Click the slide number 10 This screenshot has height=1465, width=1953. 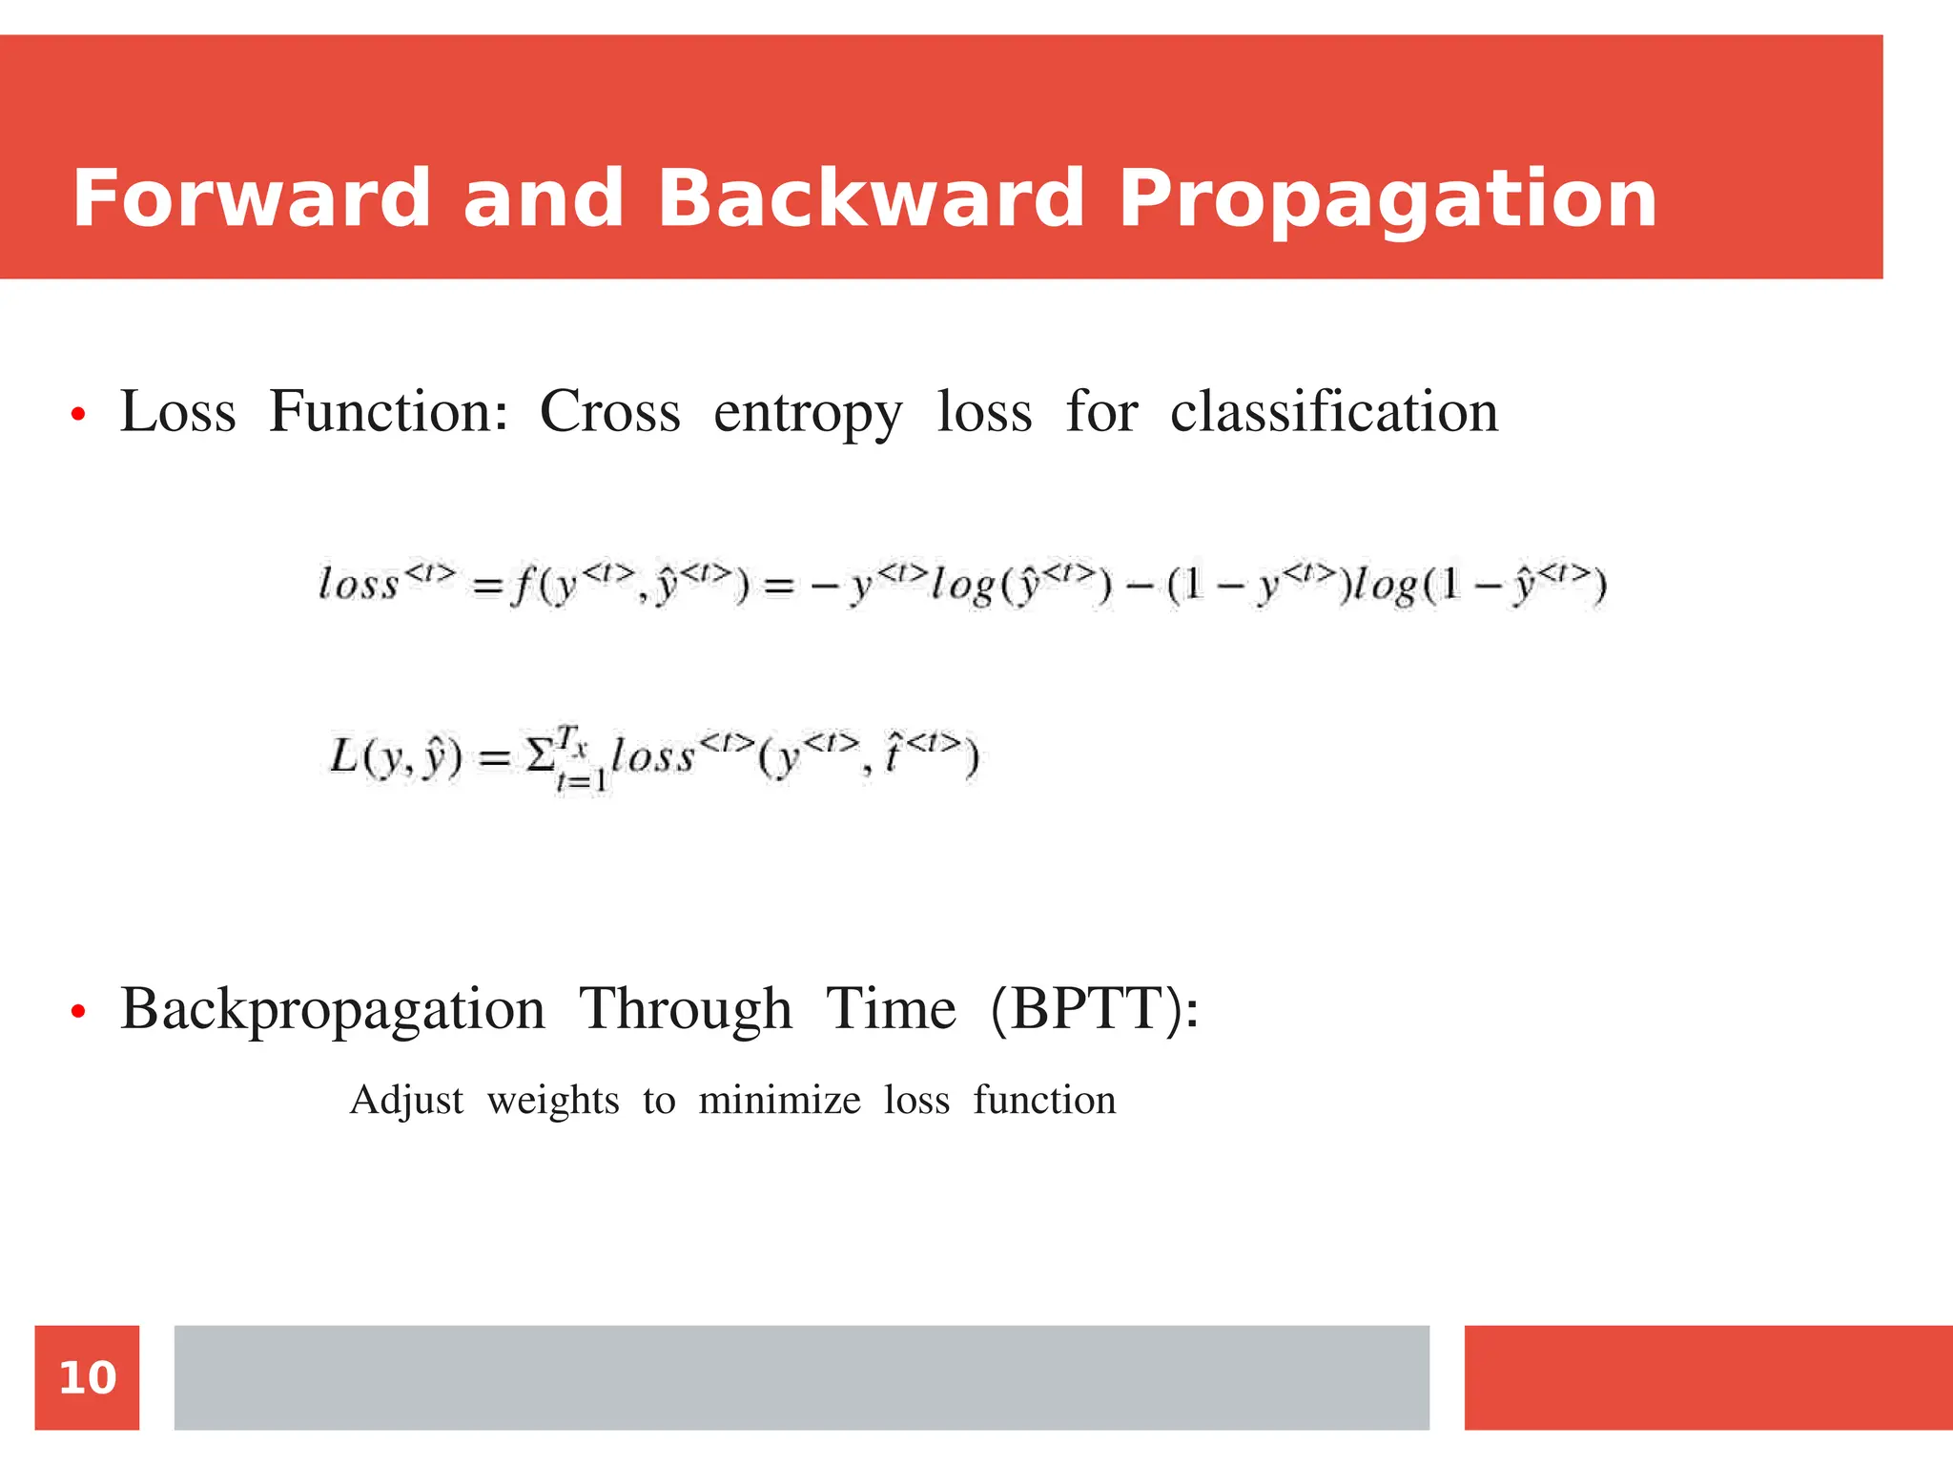tap(87, 1377)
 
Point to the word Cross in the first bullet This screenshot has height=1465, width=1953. tap(610, 412)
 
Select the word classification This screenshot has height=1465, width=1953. tap(1333, 412)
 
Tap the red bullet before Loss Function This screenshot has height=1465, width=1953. tap(78, 415)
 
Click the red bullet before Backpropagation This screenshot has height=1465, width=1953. tap(78, 1012)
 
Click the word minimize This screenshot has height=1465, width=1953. tap(779, 1100)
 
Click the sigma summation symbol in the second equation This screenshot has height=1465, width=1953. tap(539, 757)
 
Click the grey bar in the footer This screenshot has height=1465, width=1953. tap(801, 1377)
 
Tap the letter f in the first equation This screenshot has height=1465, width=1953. tap(521, 584)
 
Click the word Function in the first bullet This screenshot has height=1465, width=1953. tap(387, 412)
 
